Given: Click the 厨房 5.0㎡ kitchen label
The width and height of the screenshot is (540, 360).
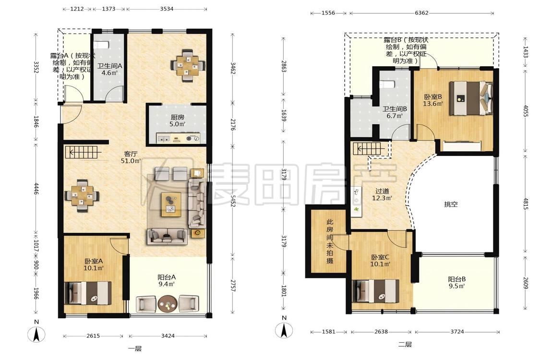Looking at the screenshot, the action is click(177, 121).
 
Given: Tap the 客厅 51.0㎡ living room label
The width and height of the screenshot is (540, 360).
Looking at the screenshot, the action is click(131, 157).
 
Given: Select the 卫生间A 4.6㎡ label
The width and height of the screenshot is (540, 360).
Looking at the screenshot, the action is click(109, 69).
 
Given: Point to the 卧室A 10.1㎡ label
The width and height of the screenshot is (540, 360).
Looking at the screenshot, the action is click(94, 264).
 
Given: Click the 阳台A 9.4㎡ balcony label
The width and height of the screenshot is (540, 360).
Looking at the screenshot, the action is click(167, 280).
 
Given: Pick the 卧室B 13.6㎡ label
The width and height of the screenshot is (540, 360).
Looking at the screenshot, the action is click(433, 100).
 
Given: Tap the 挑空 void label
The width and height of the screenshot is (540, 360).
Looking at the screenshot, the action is click(451, 204).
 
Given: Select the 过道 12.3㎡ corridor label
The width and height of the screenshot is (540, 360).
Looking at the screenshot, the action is click(382, 194).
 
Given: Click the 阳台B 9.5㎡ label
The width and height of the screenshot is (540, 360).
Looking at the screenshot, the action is click(456, 283).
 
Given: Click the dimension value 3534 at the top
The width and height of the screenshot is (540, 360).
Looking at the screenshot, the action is click(167, 9).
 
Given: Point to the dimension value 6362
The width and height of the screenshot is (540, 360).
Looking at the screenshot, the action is click(421, 13).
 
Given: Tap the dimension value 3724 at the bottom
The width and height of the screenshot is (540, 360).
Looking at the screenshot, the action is click(457, 332).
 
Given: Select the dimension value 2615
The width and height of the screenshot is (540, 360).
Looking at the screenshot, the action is click(93, 336).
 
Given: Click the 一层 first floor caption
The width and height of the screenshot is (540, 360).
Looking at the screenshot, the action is click(135, 348).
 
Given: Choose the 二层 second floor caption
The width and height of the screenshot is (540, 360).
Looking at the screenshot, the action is click(405, 344).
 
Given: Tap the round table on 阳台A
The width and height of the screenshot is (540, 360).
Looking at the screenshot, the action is click(168, 304).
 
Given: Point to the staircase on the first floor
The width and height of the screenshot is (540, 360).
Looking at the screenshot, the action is click(83, 152).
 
